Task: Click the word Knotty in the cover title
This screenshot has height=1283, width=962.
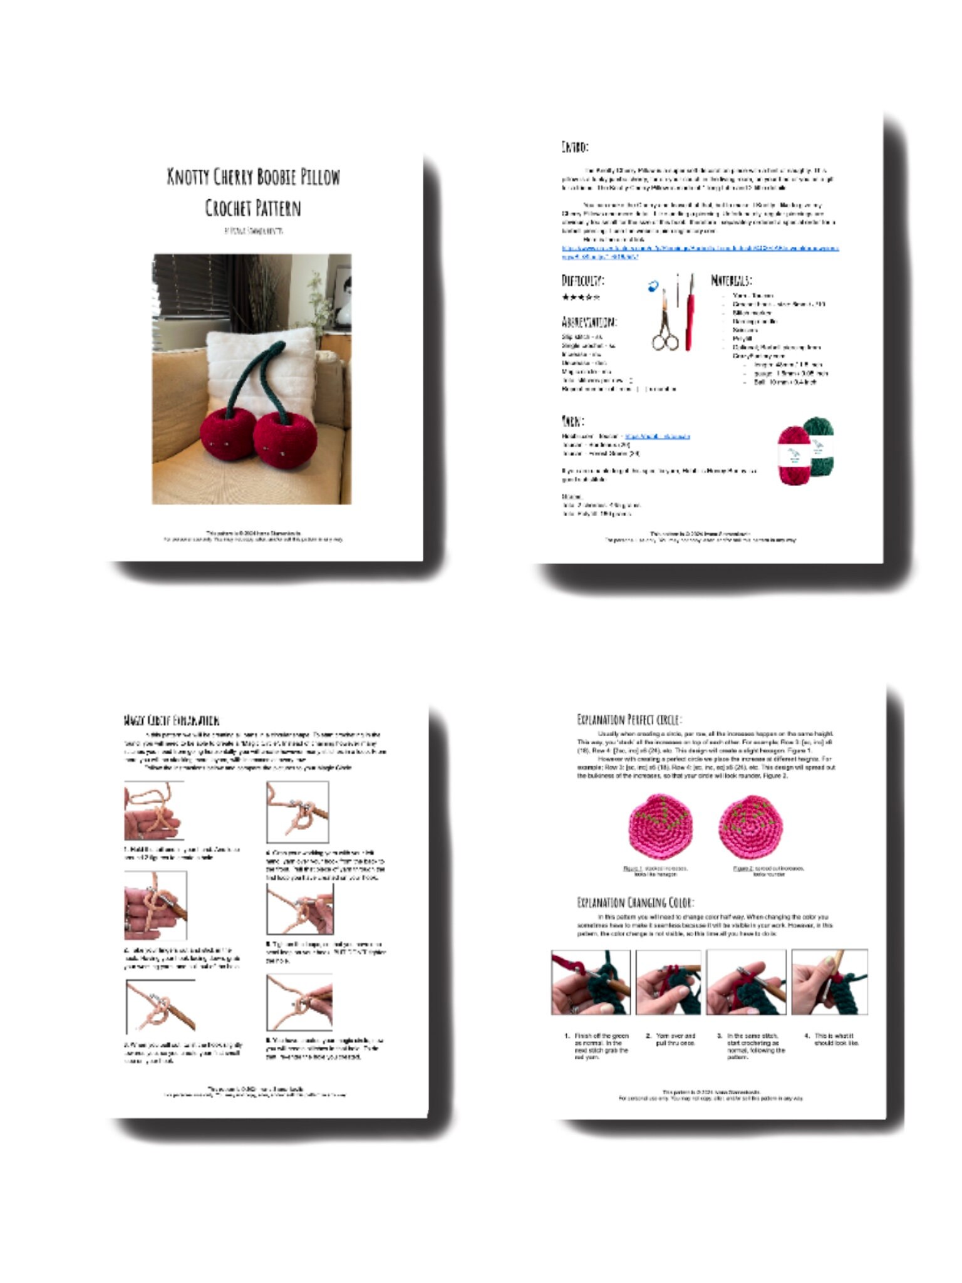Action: click(187, 177)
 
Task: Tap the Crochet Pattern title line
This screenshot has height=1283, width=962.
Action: click(253, 208)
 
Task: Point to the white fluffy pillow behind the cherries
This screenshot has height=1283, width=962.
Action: click(251, 363)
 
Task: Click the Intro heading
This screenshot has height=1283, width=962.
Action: click(574, 147)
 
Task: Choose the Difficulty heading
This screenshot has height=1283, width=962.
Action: click(582, 280)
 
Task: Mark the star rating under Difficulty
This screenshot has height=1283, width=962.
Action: click(581, 297)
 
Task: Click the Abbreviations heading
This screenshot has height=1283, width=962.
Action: click(589, 322)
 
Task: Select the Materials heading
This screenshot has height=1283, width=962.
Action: click(731, 280)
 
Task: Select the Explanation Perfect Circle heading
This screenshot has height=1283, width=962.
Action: click(629, 719)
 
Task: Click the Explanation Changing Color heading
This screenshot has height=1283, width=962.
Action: click(635, 903)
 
